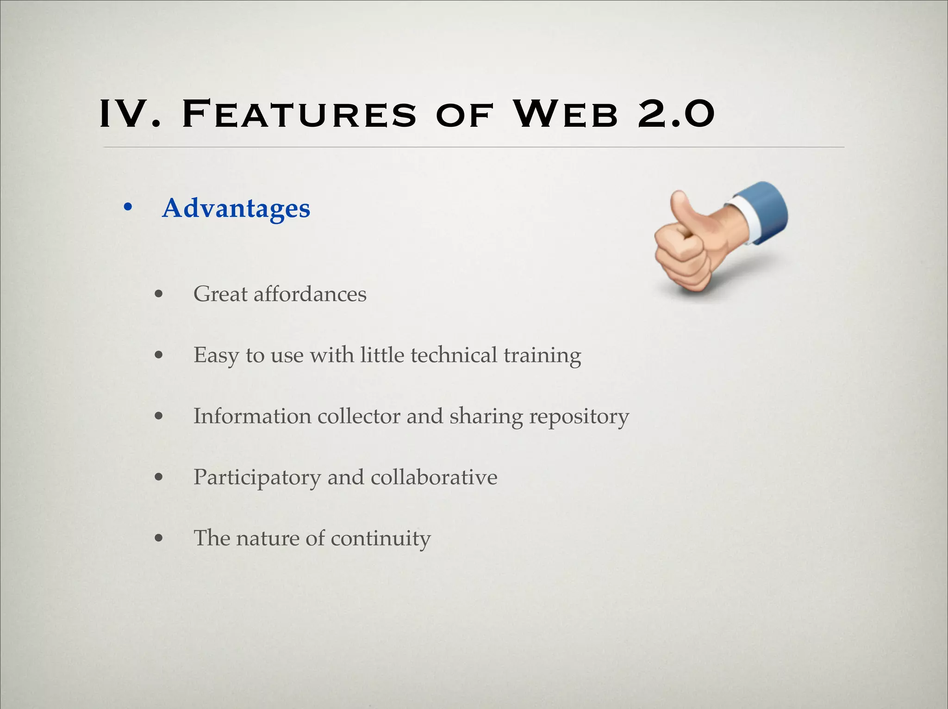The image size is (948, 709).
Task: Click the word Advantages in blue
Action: (236, 209)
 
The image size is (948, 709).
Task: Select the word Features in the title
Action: (299, 114)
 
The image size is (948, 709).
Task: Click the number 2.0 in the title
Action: (676, 114)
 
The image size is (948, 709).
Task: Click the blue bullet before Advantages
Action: (128, 208)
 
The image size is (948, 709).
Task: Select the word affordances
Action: (310, 294)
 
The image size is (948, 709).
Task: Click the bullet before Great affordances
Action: (159, 294)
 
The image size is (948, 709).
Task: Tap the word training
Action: (542, 355)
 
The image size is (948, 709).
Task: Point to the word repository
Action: (579, 417)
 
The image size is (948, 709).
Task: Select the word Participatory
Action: (256, 478)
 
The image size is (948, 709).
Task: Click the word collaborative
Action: (434, 477)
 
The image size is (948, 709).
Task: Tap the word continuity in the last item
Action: (380, 538)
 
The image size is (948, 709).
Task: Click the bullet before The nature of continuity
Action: (159, 538)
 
